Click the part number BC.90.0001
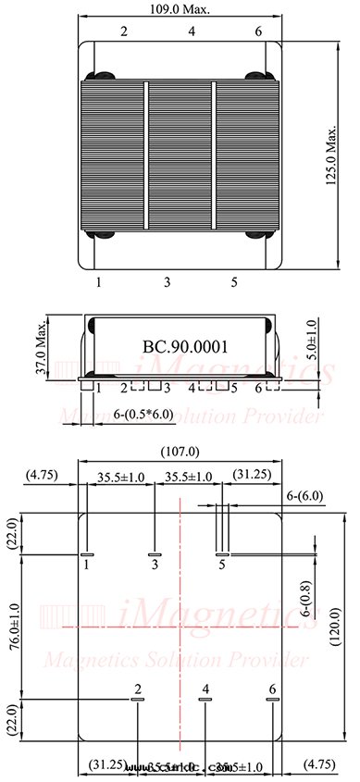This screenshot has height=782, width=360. coord(185,346)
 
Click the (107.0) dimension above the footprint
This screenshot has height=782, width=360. coord(180,451)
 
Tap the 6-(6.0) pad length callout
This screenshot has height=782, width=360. coord(304,496)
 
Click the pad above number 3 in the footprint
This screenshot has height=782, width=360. coord(155,554)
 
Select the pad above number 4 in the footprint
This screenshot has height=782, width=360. coord(205,701)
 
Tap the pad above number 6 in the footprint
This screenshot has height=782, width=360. coord(272,701)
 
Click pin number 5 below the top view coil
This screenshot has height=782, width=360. coord(234,280)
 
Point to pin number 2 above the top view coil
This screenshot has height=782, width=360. coord(124,31)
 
